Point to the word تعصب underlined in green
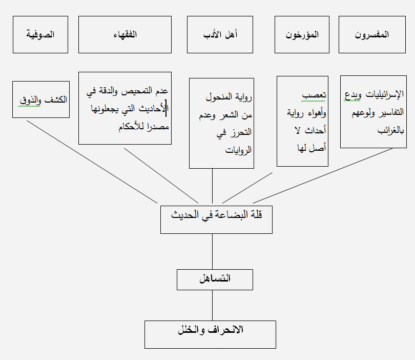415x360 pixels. pos(314,95)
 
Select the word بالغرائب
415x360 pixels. pos(390,130)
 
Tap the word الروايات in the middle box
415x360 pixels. pos(238,150)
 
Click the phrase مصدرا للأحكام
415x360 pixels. pos(144,127)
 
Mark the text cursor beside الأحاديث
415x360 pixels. pos(166,108)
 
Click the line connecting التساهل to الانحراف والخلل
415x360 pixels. pos(212,306)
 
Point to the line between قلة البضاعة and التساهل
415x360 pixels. pos(212,252)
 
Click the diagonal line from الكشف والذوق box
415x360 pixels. pos(92,162)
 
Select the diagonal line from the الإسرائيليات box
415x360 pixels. pos(323,176)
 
